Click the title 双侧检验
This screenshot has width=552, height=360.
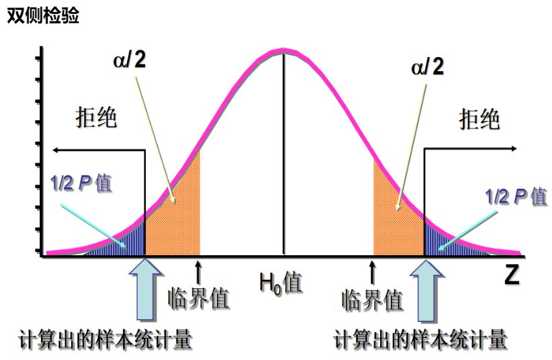[43, 15]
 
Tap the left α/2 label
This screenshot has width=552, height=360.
[129, 59]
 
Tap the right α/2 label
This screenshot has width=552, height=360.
[427, 66]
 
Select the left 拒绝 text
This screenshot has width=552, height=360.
[96, 118]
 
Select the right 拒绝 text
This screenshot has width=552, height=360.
[479, 119]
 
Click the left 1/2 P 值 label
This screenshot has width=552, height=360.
[81, 183]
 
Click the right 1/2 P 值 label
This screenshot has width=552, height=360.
[516, 196]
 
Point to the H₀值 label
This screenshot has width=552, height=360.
[281, 283]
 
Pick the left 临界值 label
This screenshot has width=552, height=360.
[199, 299]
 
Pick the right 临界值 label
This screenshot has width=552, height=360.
[372, 300]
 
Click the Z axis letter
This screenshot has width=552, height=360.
[512, 275]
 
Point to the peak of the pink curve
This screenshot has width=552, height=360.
[283, 51]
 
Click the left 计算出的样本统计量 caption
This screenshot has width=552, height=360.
[105, 339]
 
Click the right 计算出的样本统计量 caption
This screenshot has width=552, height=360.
[420, 339]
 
